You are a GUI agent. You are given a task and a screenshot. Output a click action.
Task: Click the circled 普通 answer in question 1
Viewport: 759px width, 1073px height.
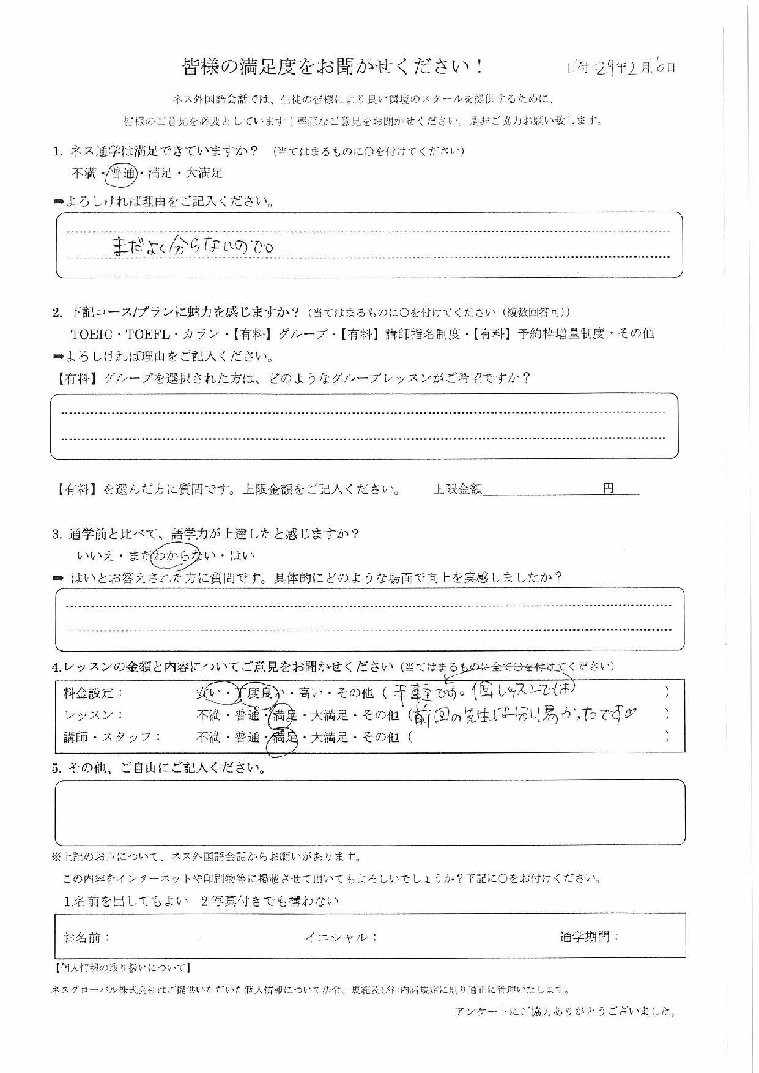(x=122, y=174)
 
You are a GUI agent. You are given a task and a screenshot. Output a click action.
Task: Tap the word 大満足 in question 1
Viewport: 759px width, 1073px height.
(x=204, y=173)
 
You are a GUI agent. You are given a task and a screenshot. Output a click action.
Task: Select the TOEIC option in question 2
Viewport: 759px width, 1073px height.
(x=94, y=334)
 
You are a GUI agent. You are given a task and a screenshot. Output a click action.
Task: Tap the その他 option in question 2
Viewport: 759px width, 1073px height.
(x=636, y=333)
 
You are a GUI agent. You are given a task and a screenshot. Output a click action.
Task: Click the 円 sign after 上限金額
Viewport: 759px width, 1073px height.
(x=608, y=488)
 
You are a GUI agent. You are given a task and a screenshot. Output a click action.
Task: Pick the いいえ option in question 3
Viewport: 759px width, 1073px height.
(x=96, y=556)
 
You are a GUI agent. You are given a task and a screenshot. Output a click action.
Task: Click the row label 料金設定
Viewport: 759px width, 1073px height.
(x=94, y=693)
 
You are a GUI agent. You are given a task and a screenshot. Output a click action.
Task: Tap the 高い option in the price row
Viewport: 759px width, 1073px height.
(x=311, y=693)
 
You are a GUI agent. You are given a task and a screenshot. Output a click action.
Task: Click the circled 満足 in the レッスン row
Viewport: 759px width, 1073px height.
(x=284, y=715)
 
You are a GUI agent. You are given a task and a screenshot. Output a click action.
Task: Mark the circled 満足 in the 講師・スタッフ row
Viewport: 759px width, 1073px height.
(x=284, y=738)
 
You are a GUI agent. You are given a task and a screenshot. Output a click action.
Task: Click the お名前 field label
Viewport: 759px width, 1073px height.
(x=86, y=937)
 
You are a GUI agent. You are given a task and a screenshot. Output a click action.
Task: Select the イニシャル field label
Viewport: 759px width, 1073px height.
(x=341, y=937)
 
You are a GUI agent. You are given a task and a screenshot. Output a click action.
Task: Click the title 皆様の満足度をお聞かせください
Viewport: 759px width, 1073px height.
(x=333, y=67)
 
